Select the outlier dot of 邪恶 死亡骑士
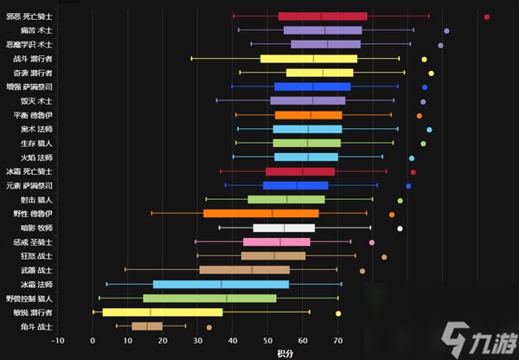tap(487, 16)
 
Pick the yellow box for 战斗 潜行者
tap(309, 59)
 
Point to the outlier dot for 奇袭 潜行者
tap(431, 73)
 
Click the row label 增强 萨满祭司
tap(30, 87)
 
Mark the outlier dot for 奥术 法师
tap(429, 130)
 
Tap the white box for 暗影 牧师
tap(284, 228)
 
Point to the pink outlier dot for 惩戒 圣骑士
tap(372, 242)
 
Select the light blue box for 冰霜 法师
tap(221, 284)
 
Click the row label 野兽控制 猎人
tap(30, 298)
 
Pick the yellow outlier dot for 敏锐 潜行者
tap(338, 312)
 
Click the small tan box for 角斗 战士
tap(147, 326)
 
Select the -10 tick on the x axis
tap(57, 341)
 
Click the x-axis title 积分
tap(285, 353)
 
